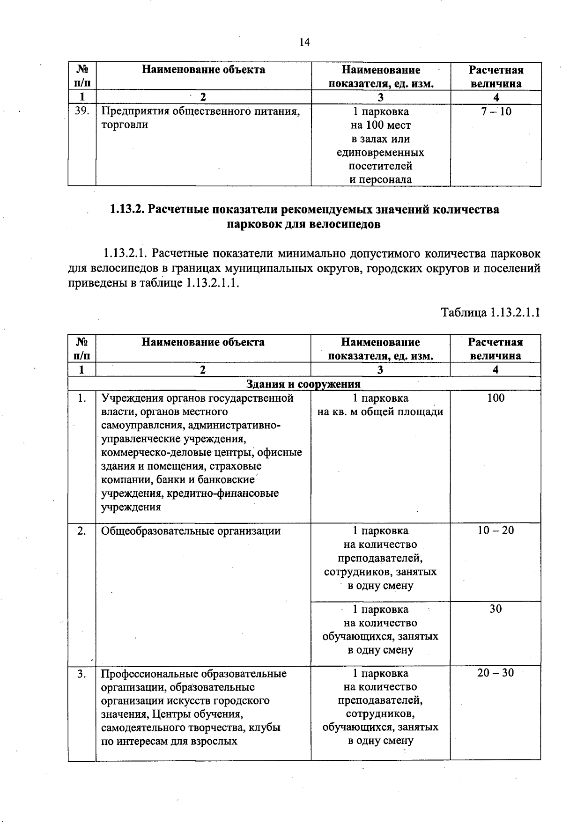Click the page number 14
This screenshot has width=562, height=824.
click(304, 43)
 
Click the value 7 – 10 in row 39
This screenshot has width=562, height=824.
click(495, 111)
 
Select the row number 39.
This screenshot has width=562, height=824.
click(82, 111)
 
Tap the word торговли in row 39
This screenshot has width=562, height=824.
click(125, 125)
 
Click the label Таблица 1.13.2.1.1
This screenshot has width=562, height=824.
click(490, 312)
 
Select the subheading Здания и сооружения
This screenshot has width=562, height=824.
click(303, 384)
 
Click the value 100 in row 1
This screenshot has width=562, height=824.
click(495, 398)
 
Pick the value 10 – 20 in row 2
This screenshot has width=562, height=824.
click(495, 530)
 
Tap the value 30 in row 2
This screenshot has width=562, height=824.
click(495, 609)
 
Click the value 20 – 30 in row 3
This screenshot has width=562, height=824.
click(495, 673)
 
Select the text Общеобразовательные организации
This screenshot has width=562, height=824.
click(191, 531)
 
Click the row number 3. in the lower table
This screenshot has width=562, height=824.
click(82, 674)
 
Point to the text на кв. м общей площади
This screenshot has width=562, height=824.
click(380, 412)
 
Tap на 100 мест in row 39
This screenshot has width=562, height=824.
click(380, 125)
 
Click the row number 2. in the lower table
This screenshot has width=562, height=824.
click(82, 531)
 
